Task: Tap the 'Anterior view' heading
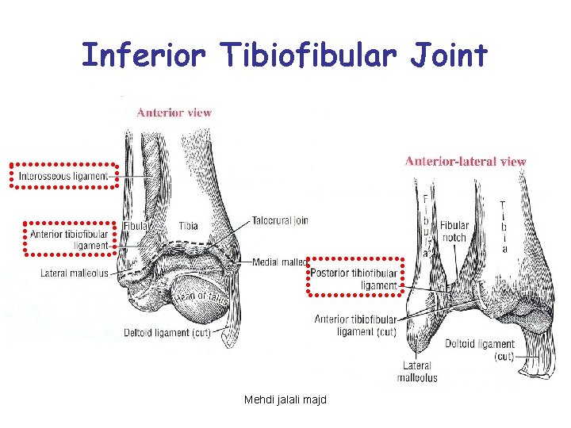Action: (174, 113)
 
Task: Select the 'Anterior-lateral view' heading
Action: (466, 161)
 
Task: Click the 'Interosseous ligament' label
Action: (63, 175)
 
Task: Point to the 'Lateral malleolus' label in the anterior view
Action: (75, 273)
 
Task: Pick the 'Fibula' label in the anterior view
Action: (136, 226)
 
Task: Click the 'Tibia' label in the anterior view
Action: (188, 226)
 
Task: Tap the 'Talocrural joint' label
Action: (280, 220)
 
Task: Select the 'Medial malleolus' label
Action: (280, 262)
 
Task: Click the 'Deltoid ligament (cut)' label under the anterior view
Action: (167, 333)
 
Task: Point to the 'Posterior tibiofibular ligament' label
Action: (355, 279)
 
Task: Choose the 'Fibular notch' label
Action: (454, 231)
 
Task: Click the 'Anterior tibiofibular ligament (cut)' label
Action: (355, 326)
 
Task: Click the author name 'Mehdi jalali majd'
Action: (286, 399)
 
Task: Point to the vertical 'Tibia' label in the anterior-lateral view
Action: (502, 226)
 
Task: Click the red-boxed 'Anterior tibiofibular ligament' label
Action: (69, 239)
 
